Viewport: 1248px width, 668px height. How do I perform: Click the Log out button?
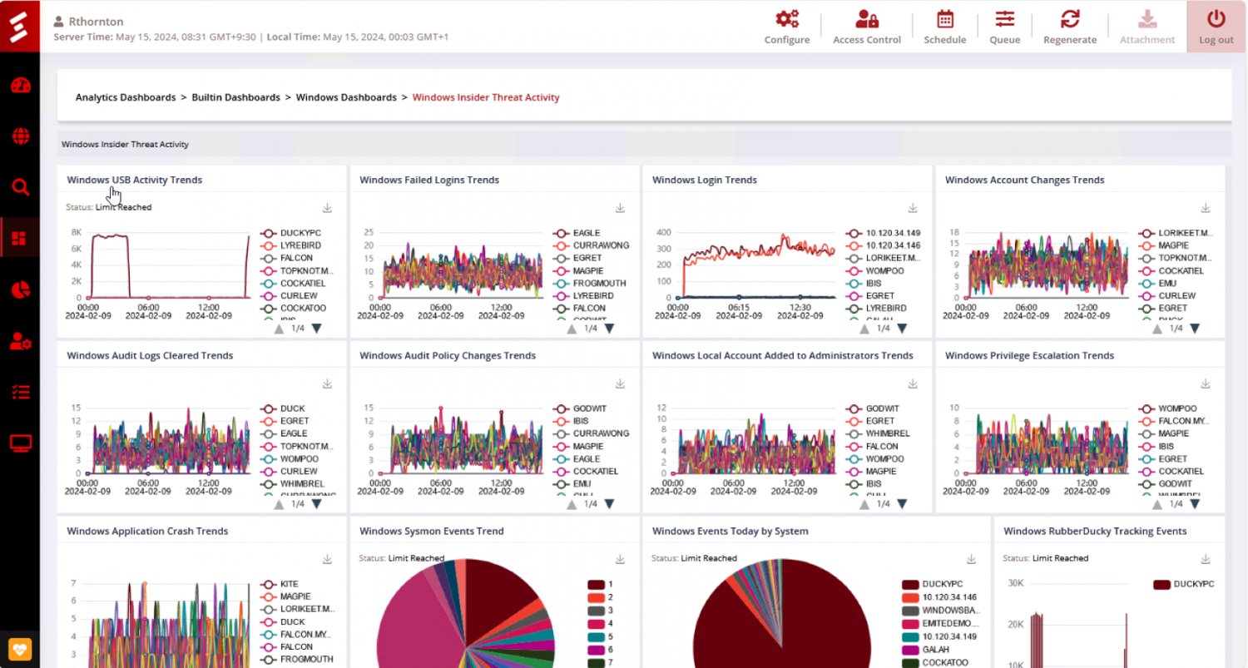1216,26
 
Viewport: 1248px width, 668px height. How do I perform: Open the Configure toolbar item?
786,26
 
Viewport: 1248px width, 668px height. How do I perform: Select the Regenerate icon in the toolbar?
1069,26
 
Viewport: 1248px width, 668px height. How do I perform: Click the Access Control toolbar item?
866,26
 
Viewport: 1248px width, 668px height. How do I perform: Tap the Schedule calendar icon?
944,19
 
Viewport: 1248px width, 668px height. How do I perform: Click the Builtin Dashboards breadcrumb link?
235,97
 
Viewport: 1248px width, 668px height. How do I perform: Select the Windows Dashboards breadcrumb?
345,97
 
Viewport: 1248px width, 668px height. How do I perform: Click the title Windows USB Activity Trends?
134,180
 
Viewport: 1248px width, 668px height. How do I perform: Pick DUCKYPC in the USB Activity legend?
300,233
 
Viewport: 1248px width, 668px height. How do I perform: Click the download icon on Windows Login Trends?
912,208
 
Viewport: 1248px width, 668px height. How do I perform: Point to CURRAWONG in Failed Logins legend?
600,245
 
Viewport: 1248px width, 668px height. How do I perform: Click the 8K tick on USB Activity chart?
76,233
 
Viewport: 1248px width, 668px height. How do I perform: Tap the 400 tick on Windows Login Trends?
663,233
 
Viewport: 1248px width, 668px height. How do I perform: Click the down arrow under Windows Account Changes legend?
1195,329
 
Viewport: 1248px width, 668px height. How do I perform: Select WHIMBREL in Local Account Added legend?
888,433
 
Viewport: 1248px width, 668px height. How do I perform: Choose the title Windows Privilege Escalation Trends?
1029,355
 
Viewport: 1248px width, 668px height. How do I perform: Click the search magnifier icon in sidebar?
20,188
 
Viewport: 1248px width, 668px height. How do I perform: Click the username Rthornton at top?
96,22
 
